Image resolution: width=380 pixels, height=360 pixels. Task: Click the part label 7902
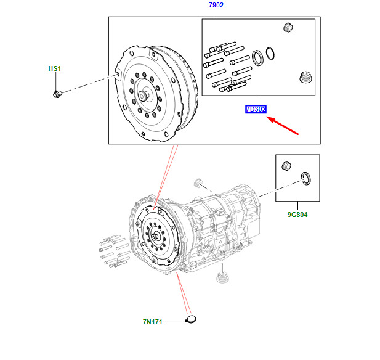coord(216,6)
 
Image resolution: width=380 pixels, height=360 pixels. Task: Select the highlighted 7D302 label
coord(255,110)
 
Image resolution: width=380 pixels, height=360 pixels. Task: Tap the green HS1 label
coord(55,68)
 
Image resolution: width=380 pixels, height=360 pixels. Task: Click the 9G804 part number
coord(297,216)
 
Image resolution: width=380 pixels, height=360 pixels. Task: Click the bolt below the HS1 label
coord(57,94)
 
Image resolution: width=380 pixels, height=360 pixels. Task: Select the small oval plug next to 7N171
coord(191,319)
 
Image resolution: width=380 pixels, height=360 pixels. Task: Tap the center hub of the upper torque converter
coord(144,96)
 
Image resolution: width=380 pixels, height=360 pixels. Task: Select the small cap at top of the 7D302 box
coord(286,28)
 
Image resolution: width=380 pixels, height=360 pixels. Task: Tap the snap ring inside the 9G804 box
coord(306,179)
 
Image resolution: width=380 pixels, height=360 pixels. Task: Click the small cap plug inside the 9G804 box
coord(286,165)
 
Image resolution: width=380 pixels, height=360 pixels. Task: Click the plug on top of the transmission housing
coord(198,182)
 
